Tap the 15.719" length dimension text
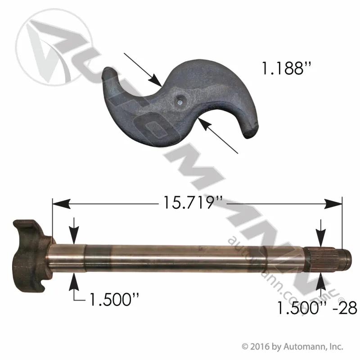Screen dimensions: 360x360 click(x=193, y=202)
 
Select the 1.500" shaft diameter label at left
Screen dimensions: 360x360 click(x=114, y=299)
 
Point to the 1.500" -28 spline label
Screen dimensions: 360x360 click(x=317, y=308)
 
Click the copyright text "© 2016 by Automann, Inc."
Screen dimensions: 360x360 click(x=292, y=346)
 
